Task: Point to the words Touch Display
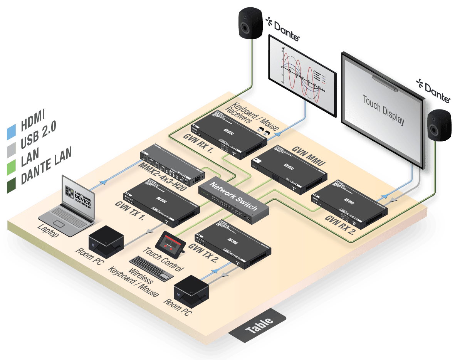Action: click(x=383, y=110)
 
